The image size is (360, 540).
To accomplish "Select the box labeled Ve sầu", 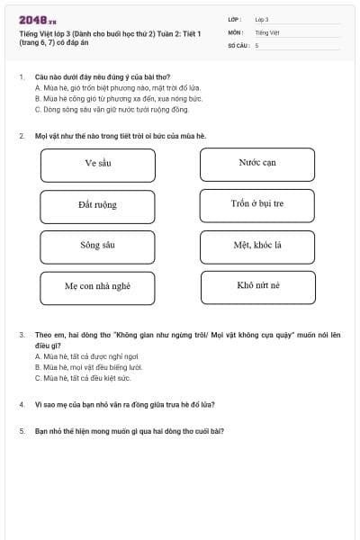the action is coord(97,165).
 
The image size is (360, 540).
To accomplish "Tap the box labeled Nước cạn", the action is coord(257,165).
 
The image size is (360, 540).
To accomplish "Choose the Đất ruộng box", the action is coord(97,206).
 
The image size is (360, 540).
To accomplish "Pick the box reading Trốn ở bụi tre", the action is coord(257,206).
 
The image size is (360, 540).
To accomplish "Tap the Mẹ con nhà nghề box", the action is coord(97,287).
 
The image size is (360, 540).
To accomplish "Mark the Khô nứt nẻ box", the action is coord(257,287).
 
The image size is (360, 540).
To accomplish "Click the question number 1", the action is coord(21,77).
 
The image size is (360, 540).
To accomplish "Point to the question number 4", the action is coord(21,404).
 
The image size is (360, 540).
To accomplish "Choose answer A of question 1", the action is coord(117,88).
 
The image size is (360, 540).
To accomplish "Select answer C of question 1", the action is coord(112,110).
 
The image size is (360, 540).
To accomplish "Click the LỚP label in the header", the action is coord(235,19).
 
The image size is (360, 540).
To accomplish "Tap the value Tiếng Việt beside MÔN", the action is coord(267,32).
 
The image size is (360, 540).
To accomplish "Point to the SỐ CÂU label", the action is coord(238,45).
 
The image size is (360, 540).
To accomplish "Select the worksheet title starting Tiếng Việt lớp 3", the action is coord(108,38).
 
